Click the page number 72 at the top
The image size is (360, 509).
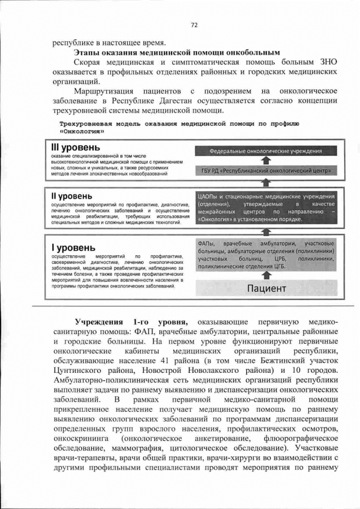tap(194, 25)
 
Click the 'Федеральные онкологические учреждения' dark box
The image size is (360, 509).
tap(265, 151)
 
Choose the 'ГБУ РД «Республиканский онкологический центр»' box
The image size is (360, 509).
tap(265, 170)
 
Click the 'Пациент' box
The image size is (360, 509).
tap(267, 289)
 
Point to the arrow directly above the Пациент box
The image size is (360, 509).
tap(267, 274)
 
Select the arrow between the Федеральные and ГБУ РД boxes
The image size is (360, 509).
tap(267, 161)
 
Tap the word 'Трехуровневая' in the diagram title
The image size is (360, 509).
tap(82, 123)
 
